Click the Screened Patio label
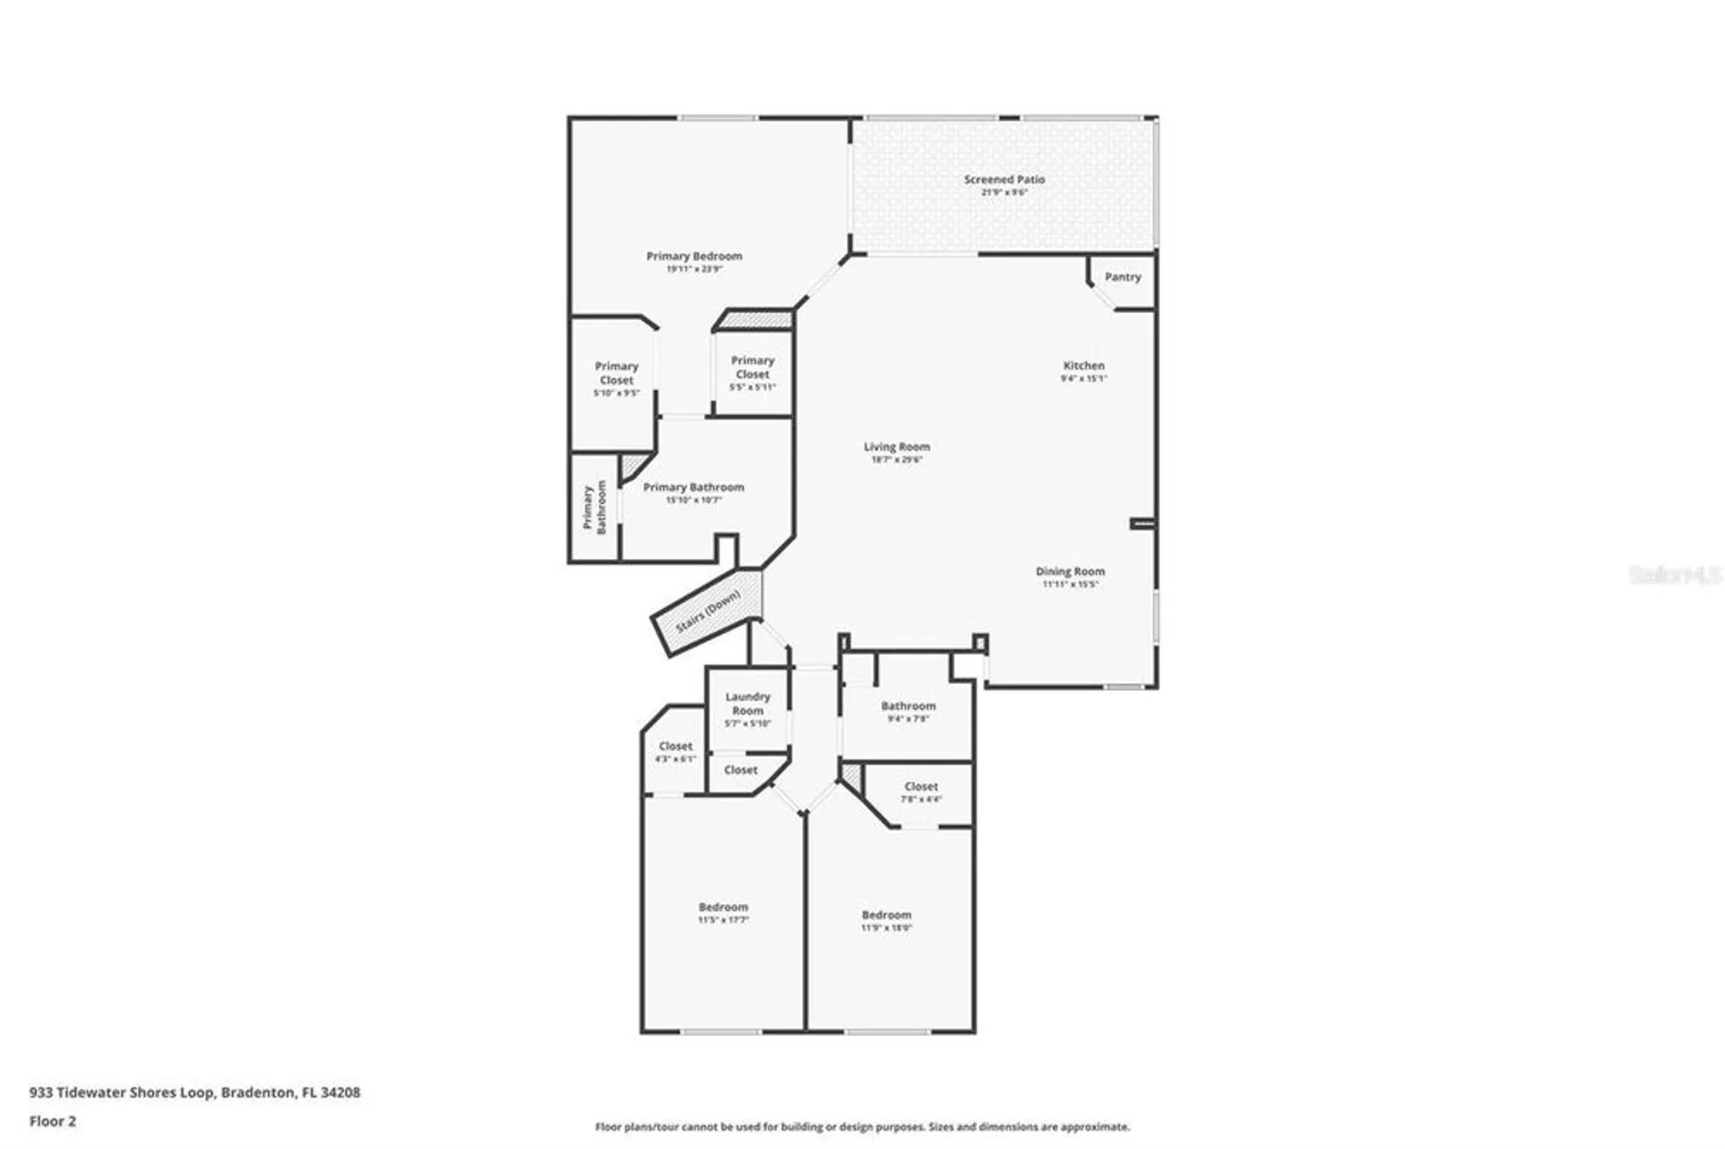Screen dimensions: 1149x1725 click(1004, 179)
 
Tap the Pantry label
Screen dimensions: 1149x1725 click(1122, 277)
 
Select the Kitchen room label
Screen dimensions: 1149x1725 click(1083, 366)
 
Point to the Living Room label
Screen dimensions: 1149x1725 click(896, 447)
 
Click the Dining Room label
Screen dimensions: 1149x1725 click(1069, 571)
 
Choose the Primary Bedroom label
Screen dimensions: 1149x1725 click(693, 256)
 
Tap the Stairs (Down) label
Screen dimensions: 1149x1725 click(707, 611)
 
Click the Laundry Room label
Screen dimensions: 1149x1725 click(747, 703)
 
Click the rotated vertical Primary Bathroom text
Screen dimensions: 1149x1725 click(594, 507)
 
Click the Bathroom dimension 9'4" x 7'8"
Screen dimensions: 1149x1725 click(907, 719)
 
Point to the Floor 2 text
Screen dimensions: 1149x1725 click(53, 1121)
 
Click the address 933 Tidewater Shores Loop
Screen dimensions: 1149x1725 click(194, 1092)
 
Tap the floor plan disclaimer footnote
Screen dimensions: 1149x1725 click(862, 1127)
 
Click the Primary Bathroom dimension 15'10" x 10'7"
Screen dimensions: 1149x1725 click(693, 499)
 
